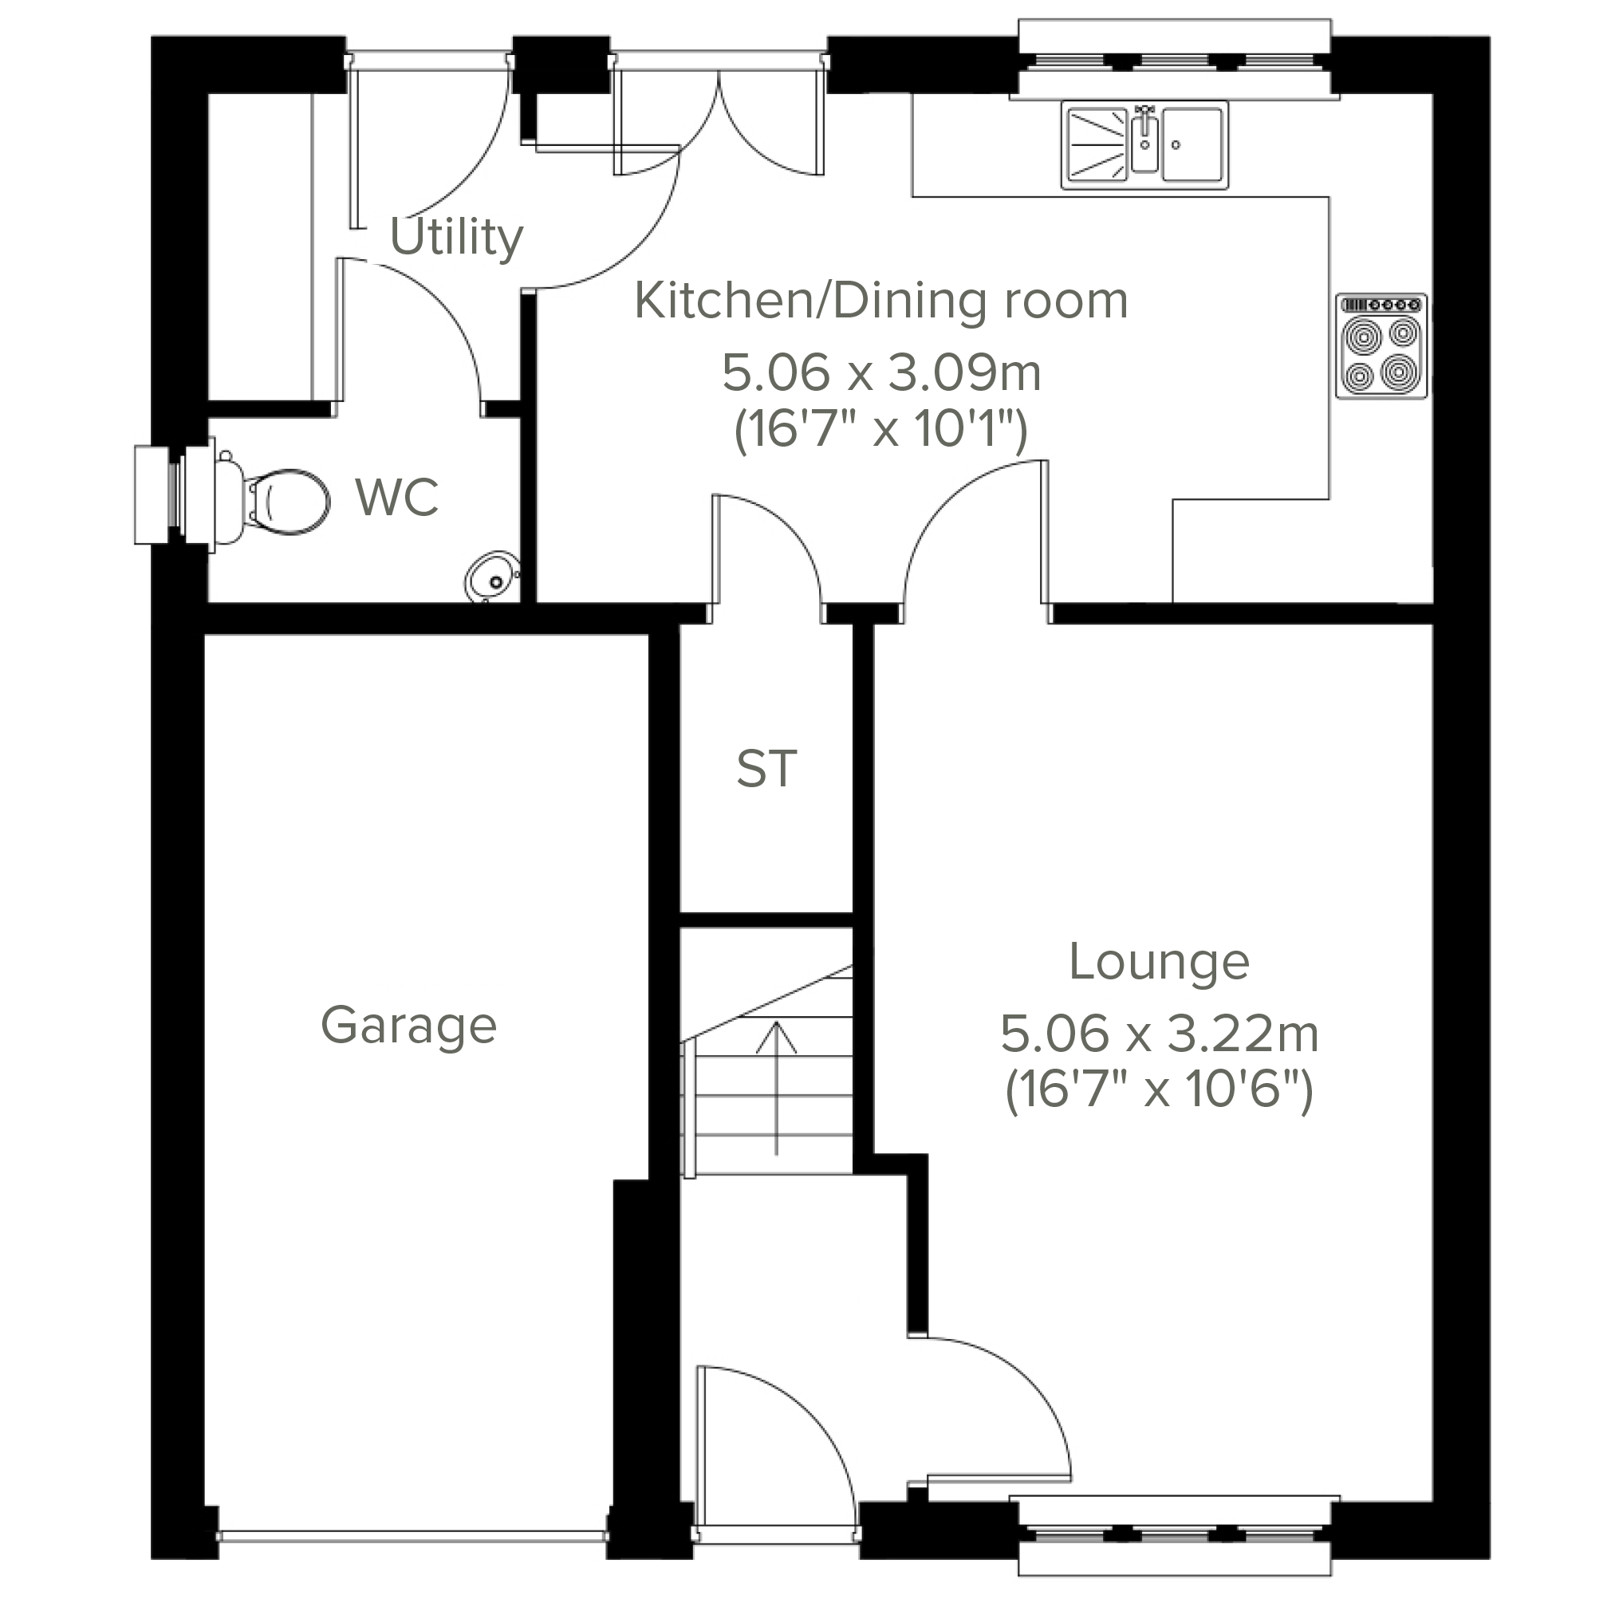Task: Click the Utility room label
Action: (x=456, y=238)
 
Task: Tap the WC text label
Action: (x=397, y=498)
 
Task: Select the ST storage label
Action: (x=766, y=769)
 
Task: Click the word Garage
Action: (x=409, y=1027)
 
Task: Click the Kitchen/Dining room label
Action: (x=881, y=301)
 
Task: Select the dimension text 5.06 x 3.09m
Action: (x=881, y=372)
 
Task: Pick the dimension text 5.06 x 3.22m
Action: (x=1160, y=1034)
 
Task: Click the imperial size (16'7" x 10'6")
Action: (x=1160, y=1091)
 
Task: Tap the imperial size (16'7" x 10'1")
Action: (x=881, y=430)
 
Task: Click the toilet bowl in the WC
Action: (x=284, y=501)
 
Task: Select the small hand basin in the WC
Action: (x=492, y=577)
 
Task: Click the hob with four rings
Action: (x=1381, y=346)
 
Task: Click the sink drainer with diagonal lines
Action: (x=1097, y=145)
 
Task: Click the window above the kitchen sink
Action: (x=1175, y=60)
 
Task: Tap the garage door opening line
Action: (x=412, y=1536)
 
